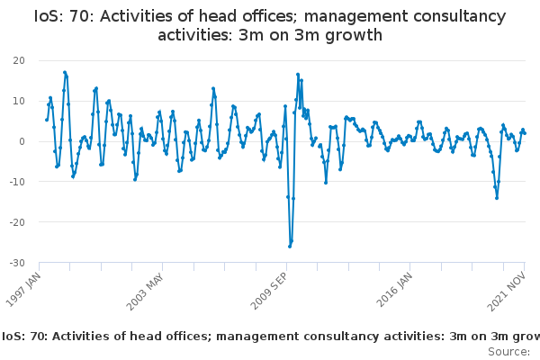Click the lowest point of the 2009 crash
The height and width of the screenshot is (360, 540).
[x=290, y=246]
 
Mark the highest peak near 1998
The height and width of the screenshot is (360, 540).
[x=65, y=72]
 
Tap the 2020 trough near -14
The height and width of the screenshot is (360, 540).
[x=497, y=198]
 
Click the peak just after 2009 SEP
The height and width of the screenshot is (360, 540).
[x=298, y=75]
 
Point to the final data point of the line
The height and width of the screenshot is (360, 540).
[x=525, y=133]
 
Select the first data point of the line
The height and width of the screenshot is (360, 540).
[x=47, y=120]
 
